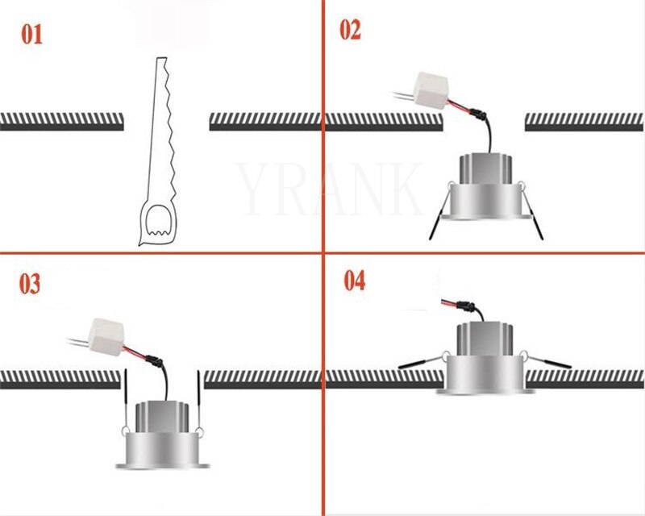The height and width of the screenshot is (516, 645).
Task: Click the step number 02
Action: click(x=350, y=31)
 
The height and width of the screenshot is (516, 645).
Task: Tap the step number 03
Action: click(x=30, y=285)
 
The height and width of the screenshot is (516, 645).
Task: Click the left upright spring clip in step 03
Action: click(x=125, y=399)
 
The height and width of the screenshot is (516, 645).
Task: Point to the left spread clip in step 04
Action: click(x=421, y=364)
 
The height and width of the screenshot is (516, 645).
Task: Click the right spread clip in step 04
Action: click(x=550, y=363)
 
